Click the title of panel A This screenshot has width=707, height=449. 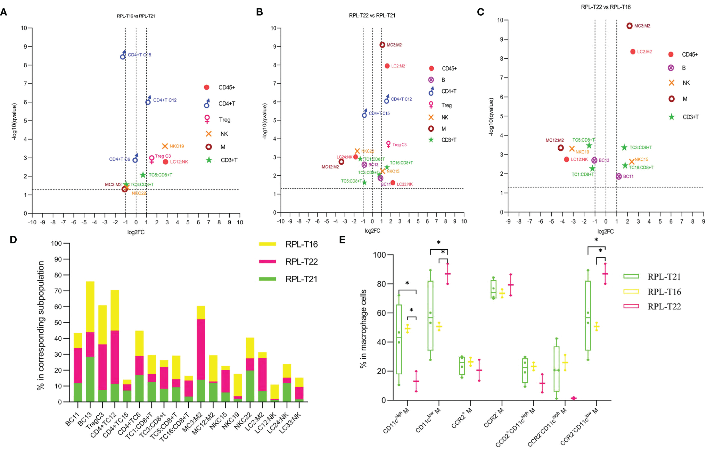pos(136,16)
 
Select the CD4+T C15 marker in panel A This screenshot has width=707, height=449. pos(123,56)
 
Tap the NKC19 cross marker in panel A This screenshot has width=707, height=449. pos(165,146)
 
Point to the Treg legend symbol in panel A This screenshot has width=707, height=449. pos(207,119)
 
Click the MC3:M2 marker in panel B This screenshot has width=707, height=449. pos(382,45)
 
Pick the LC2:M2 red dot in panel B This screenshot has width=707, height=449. pos(387,66)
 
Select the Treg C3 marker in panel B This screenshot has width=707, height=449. pos(388,144)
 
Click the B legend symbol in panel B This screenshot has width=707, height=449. pos(431,80)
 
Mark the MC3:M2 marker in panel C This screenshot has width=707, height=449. pos(629,26)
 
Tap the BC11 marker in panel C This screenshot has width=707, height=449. pos(619,176)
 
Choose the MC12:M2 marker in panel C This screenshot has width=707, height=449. pos(561,148)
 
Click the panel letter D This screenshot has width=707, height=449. pos(13,240)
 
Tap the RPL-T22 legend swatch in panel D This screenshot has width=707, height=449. pos(267,261)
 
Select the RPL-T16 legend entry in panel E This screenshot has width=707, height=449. pos(631,292)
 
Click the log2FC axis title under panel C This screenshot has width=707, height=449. pos(605,232)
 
